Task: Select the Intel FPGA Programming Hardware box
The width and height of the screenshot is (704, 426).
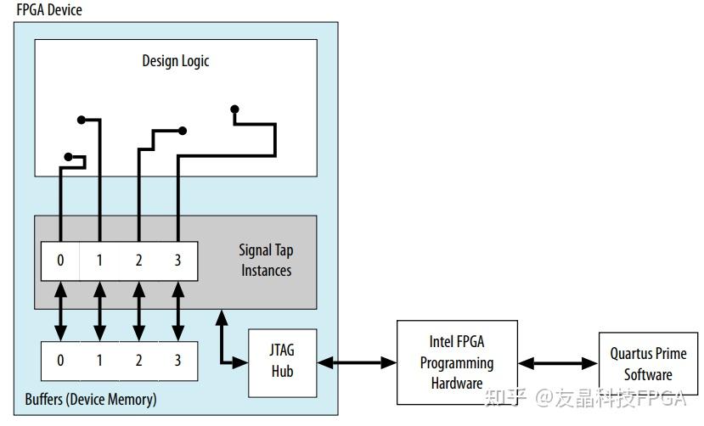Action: [457, 362]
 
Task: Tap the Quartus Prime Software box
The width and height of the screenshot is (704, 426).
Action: [647, 363]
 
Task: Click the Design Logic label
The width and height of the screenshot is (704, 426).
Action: [175, 61]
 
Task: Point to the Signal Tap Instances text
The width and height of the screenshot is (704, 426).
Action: [266, 261]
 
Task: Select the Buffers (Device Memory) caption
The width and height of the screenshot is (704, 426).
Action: [91, 399]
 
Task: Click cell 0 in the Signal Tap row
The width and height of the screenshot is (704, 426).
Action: [60, 261]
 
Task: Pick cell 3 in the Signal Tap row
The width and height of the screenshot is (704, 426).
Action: [177, 261]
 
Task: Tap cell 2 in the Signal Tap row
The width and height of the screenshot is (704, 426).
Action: [138, 261]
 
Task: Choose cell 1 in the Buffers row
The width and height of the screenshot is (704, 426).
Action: [99, 361]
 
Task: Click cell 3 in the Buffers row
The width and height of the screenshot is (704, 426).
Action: [177, 361]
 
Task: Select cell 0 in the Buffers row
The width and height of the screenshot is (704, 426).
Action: [60, 361]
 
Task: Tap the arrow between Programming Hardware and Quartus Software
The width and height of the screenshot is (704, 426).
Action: [558, 363]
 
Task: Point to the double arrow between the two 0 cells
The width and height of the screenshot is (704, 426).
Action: [60, 311]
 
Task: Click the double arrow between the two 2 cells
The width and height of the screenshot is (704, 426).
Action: [138, 311]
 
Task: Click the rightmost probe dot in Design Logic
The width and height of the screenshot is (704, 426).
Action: [235, 109]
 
